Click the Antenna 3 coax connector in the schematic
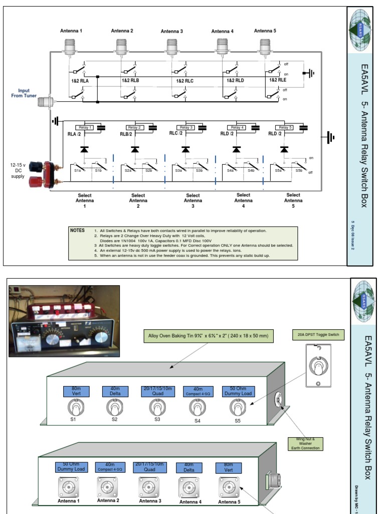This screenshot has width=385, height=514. [172, 46]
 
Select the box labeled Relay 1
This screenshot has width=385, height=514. [84, 127]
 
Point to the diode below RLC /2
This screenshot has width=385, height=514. [186, 149]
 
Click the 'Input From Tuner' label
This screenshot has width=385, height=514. [24, 93]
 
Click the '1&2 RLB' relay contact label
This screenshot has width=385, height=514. [131, 80]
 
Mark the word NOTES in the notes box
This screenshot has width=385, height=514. [77, 230]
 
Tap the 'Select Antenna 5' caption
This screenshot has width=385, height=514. [293, 200]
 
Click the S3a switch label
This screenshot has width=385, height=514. [178, 171]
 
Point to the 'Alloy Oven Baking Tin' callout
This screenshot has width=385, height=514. [208, 336]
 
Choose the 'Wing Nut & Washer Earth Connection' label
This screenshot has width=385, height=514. [304, 444]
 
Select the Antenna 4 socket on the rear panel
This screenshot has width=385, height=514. [185, 487]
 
